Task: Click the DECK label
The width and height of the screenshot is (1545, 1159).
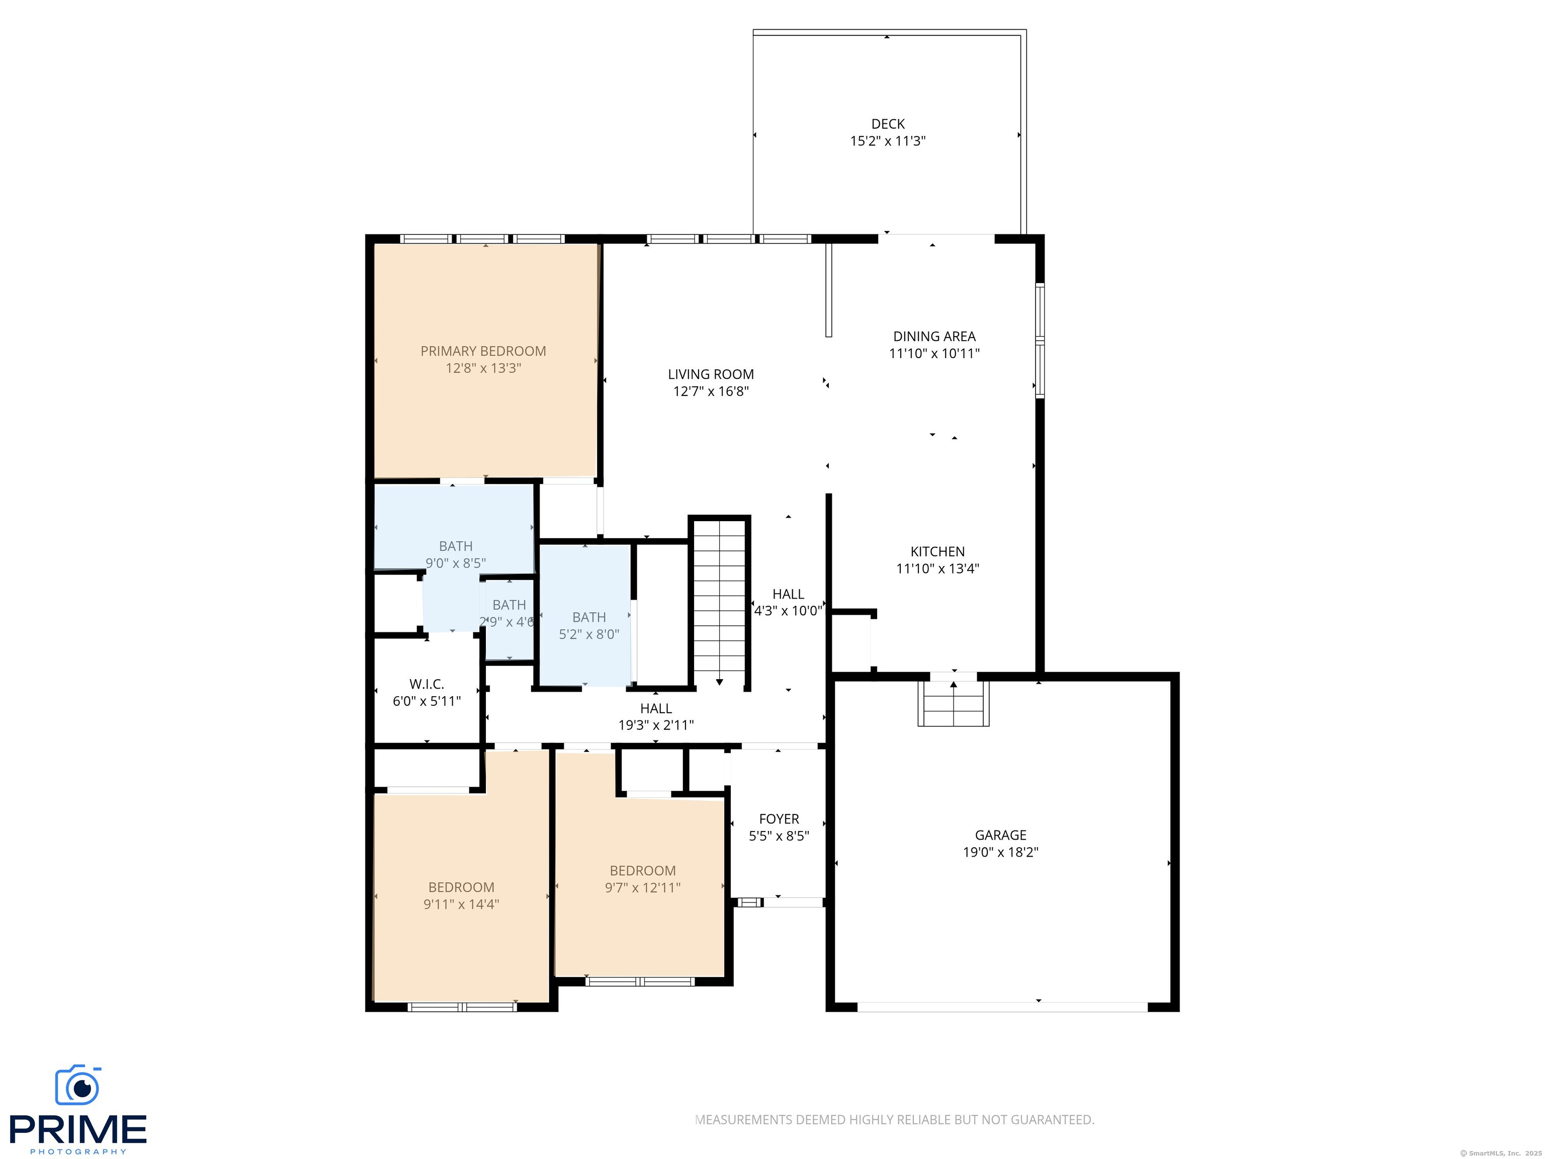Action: click(x=887, y=124)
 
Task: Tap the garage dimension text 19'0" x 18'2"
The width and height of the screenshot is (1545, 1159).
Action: click(x=1000, y=852)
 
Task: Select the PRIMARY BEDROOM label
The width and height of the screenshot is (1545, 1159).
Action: click(x=483, y=351)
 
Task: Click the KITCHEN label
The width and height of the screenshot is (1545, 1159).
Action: click(x=937, y=551)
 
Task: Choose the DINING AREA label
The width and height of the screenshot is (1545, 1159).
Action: click(x=934, y=336)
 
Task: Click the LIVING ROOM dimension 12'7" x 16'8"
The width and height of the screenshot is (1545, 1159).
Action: click(x=710, y=391)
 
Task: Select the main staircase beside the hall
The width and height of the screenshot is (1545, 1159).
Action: click(x=719, y=602)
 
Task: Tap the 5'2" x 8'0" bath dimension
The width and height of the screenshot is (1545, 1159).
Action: click(x=589, y=634)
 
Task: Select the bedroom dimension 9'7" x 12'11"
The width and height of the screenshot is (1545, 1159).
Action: click(x=642, y=887)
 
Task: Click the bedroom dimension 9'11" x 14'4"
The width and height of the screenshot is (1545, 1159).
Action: click(x=461, y=904)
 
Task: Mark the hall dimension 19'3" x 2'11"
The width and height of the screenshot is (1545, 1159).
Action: click(x=656, y=725)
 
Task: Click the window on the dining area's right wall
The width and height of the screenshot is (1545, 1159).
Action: click(x=1040, y=340)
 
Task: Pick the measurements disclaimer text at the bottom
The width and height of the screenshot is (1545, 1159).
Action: click(x=894, y=1119)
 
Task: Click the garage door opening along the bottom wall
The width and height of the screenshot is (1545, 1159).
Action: click(x=1002, y=1007)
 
